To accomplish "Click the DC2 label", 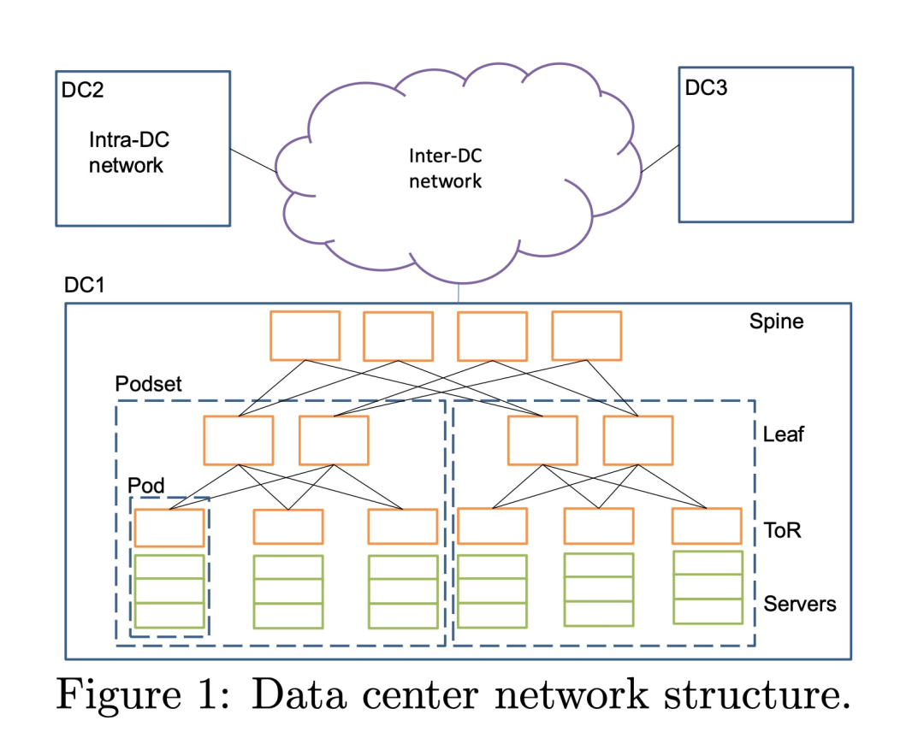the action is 82,90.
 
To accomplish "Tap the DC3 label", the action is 706,88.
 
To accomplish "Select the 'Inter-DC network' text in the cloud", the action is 446,168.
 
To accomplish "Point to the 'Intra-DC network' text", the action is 129,152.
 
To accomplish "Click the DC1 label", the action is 84,285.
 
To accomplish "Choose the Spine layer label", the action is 776,322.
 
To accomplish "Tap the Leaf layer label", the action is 783,434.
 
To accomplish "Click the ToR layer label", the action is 782,530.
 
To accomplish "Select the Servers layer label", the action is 800,604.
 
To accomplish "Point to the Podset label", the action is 149,383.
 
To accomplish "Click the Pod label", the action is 146,486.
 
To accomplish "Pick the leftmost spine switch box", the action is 305,336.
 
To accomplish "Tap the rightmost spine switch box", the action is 586,336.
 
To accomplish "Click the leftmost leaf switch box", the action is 239,440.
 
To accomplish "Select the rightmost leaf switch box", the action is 638,440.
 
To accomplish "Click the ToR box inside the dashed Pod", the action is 169,528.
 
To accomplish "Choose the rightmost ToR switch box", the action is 707,526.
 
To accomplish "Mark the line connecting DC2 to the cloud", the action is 253,161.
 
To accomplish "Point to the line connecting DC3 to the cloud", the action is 660,158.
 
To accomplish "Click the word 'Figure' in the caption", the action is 119,695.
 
